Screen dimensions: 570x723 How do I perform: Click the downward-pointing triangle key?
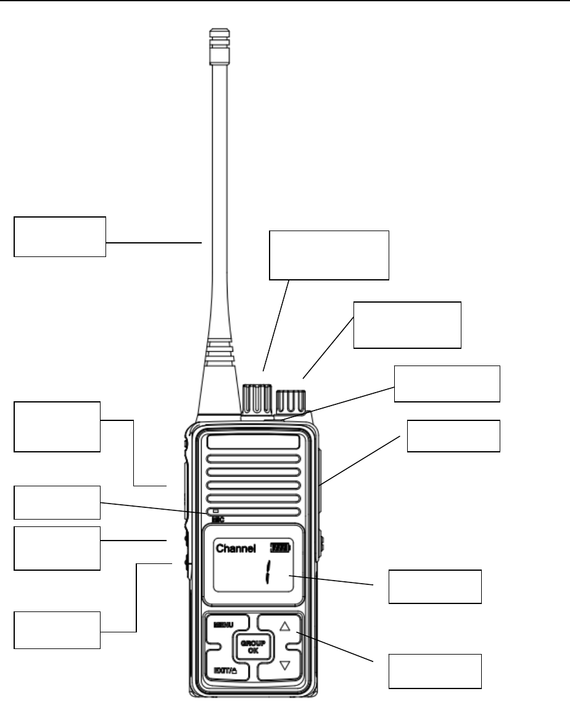284,665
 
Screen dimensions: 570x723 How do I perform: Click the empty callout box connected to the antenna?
60,236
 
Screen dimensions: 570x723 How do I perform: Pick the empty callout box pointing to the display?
434,586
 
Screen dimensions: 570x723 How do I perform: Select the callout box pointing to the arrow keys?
434,671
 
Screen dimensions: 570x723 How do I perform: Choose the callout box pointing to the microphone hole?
57,502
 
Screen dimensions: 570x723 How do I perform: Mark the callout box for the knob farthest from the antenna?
407,325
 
